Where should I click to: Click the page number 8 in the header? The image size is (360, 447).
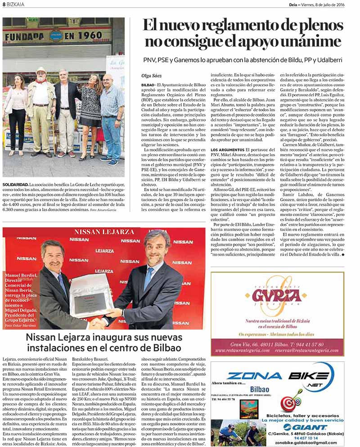[x=4, y=5]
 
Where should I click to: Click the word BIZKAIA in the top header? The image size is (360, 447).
[x=16, y=5]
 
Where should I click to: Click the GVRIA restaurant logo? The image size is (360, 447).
[x=276, y=295]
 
